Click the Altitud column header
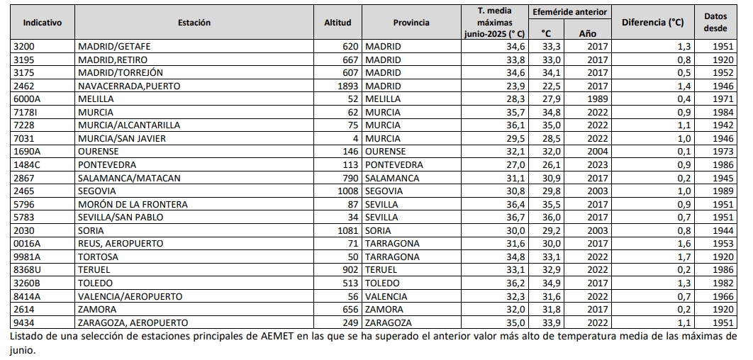click(338, 23)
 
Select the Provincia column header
click(411, 23)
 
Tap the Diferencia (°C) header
click(652, 23)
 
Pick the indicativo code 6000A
click(28, 99)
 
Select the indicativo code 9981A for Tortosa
click(28, 257)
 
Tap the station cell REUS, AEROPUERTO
click(121, 244)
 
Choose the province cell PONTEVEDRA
click(394, 165)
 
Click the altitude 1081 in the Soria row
click(347, 230)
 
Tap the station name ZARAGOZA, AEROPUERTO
click(133, 322)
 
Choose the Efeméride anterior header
click(569, 13)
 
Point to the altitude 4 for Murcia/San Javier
click(355, 139)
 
